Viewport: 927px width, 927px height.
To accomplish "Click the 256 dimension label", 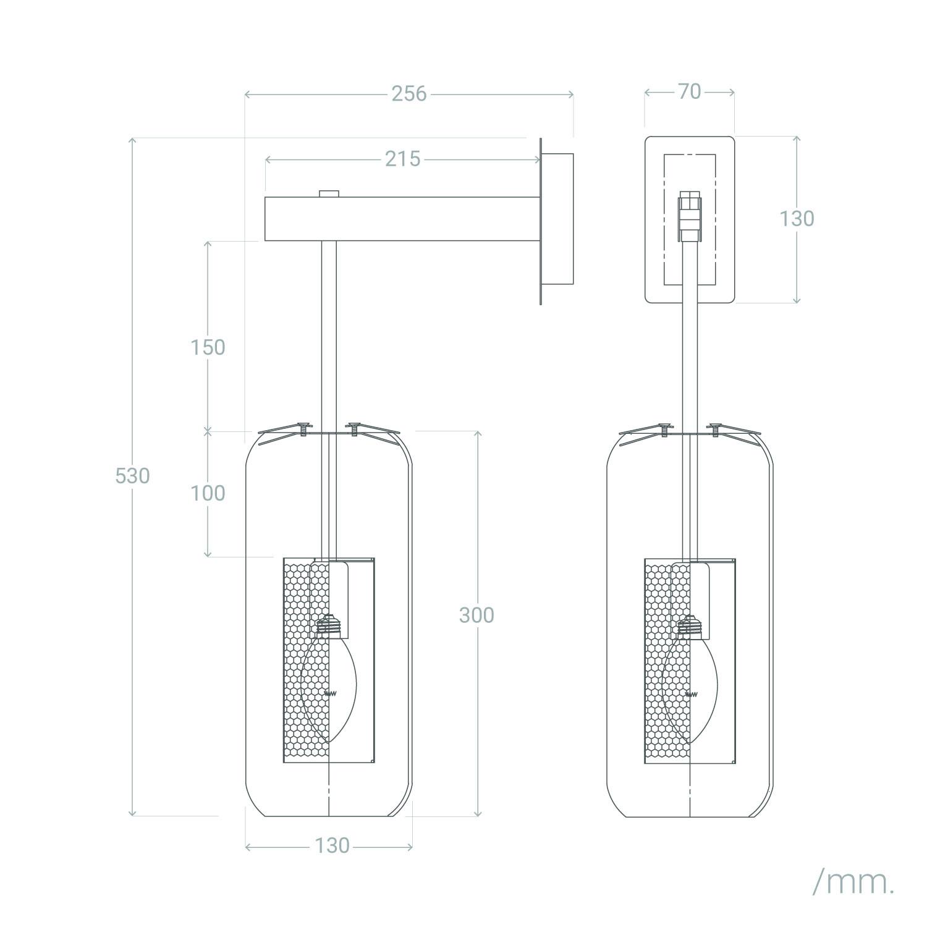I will (x=408, y=93).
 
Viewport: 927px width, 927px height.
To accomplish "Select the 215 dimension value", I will (x=402, y=159).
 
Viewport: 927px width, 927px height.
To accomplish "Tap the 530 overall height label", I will (x=132, y=476).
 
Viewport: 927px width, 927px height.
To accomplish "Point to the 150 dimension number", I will (x=208, y=347).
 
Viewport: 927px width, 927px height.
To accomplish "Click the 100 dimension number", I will (x=208, y=493).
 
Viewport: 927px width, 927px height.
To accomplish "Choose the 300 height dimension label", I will (x=476, y=615).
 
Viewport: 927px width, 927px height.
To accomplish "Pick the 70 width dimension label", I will (x=689, y=91).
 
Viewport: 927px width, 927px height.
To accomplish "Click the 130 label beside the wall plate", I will (x=796, y=218).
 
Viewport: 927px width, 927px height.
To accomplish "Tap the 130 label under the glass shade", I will (x=332, y=845).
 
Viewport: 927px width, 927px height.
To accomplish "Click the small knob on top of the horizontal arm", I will (x=329, y=193).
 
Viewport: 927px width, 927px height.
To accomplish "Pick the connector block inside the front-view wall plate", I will (x=690, y=217).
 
